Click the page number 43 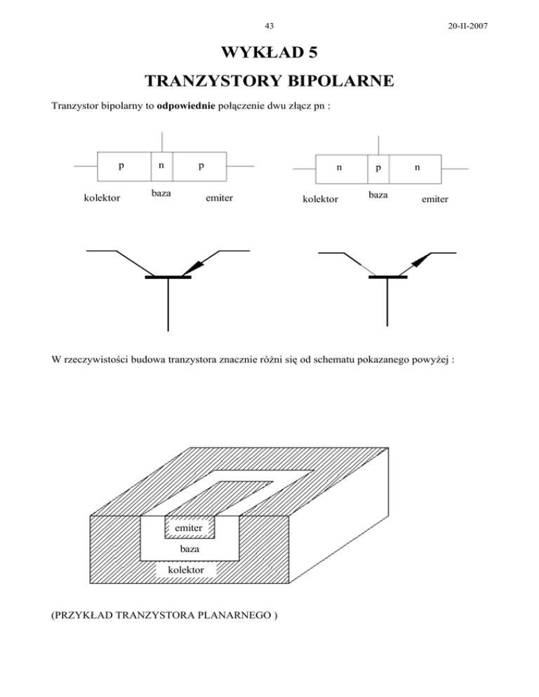click(x=269, y=26)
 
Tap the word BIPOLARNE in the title click(x=331, y=84)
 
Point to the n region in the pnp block click(x=161, y=167)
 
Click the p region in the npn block click(x=378, y=169)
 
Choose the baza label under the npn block click(x=378, y=191)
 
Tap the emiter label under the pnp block click(x=219, y=199)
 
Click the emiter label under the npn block click(x=435, y=200)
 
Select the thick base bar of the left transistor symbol click(x=168, y=278)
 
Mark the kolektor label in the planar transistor click(x=186, y=571)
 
